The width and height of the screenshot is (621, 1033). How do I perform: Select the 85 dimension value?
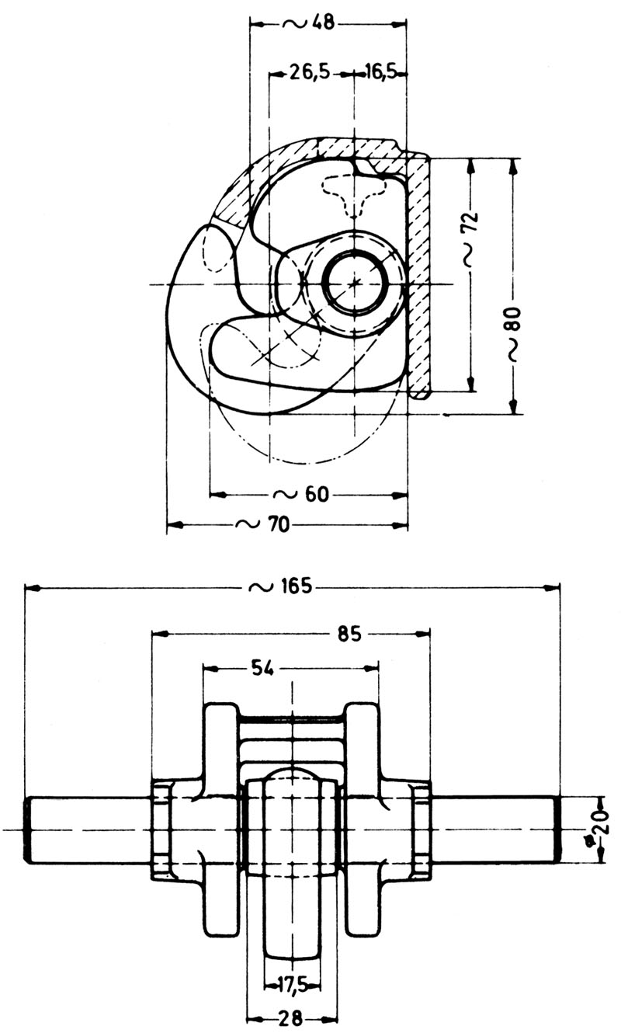pos(349,634)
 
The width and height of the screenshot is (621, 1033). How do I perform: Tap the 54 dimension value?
pos(263,667)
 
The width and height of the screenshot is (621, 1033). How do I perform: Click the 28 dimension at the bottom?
pos(292,1018)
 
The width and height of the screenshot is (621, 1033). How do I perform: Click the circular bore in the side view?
pos(355,283)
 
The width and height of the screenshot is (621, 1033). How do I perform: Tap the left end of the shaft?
pos(29,830)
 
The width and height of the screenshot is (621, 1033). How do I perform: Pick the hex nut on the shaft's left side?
pos(160,830)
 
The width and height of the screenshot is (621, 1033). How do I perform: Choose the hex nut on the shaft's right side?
pos(422,830)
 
